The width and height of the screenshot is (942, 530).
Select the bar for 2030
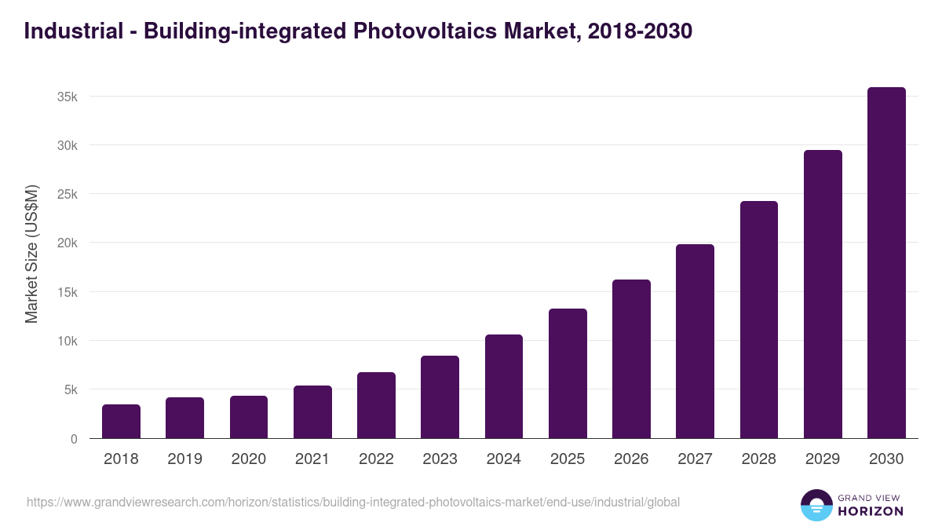coord(886,263)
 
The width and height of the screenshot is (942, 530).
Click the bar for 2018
coord(121,422)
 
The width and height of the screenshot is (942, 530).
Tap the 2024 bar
coord(504,386)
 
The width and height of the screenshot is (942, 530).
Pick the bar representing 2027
coord(695,342)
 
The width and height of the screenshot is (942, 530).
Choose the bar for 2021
coord(312,412)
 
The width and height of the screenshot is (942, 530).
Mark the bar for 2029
coord(823,294)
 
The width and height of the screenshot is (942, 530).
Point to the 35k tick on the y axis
coord(67,97)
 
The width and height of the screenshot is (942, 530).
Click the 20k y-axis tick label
coord(67,243)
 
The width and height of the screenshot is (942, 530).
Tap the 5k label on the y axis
coord(69,389)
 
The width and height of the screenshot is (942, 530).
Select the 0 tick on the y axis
coord(74,439)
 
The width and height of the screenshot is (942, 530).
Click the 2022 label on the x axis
coord(376,459)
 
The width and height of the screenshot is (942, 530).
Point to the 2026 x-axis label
coord(631,459)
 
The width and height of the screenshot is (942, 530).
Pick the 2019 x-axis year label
coord(184,459)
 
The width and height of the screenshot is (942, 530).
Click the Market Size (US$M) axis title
coord(31,254)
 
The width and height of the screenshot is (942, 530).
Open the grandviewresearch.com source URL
coord(353,502)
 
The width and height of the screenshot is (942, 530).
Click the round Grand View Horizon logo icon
coord(816,505)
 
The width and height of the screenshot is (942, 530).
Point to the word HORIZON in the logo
coord(871,511)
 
